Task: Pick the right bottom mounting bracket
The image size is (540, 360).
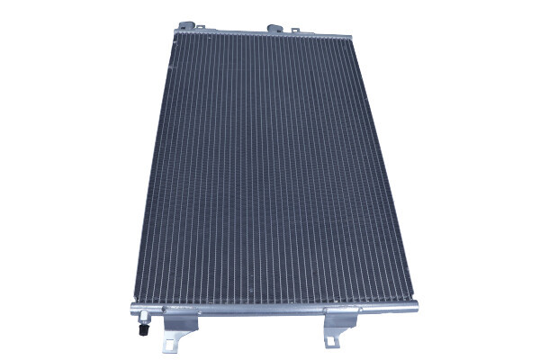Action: tap(340, 331)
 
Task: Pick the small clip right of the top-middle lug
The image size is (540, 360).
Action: tap(292, 28)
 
